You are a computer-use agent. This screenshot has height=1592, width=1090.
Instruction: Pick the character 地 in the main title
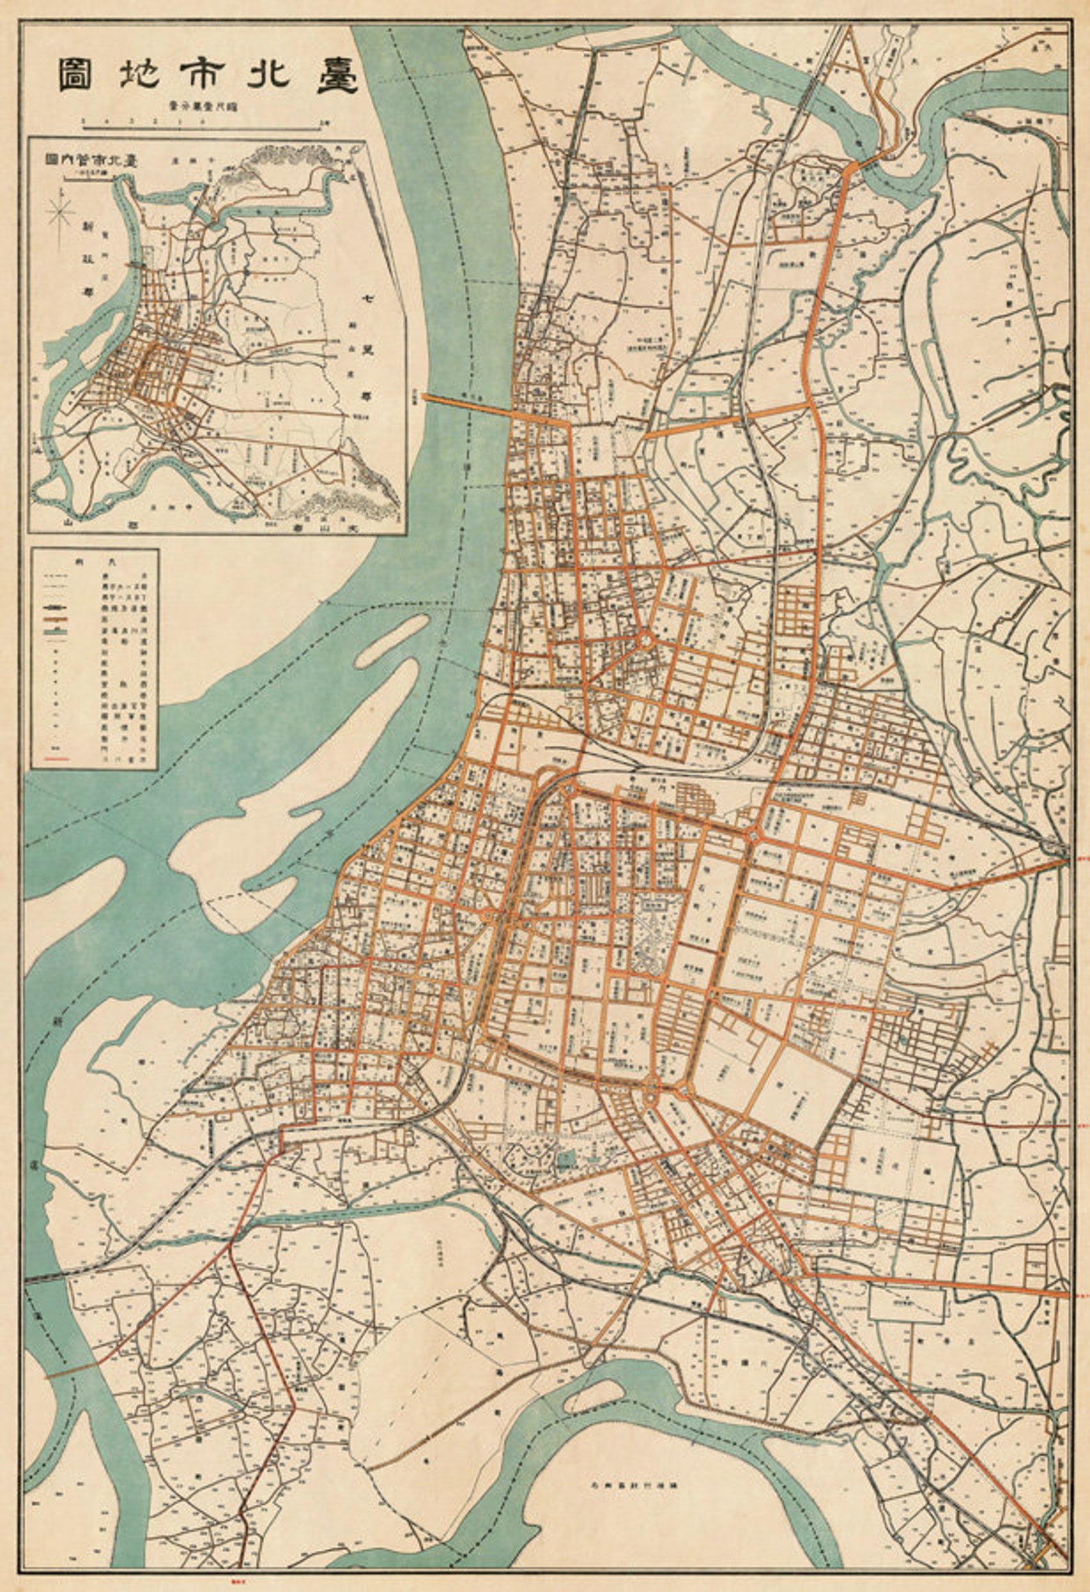pyautogui.click(x=140, y=76)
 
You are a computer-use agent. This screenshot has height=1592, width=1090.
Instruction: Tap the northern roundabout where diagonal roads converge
pyautogui.click(x=645, y=639)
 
